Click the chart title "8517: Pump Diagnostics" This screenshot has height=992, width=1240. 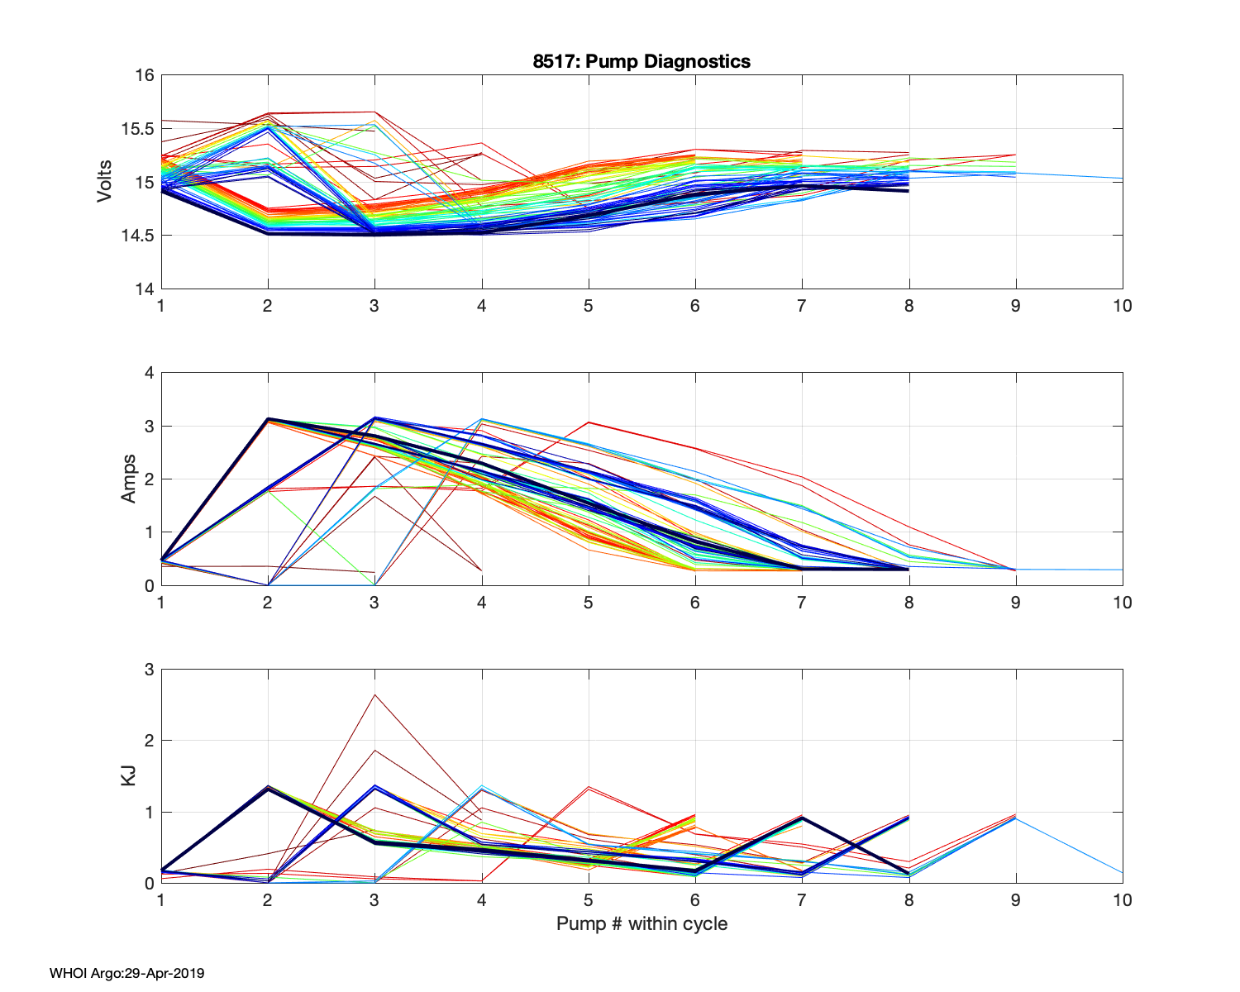[x=641, y=61]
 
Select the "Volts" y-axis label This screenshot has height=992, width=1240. [x=105, y=182]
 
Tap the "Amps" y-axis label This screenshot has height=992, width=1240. [x=129, y=479]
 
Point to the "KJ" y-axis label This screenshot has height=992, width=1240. [x=129, y=776]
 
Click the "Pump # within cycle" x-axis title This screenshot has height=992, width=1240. [x=641, y=923]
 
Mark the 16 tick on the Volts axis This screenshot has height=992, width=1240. [x=145, y=75]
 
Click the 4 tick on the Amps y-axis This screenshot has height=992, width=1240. [x=150, y=373]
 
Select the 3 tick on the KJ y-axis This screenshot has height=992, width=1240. [x=150, y=670]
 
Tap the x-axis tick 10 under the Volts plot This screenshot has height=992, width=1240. [x=1122, y=306]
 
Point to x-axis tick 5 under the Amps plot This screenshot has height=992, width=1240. [x=588, y=603]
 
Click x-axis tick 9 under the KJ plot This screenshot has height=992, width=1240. [x=1015, y=900]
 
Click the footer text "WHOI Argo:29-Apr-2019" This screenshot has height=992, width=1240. [x=126, y=973]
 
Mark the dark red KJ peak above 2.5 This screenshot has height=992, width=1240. [x=374, y=694]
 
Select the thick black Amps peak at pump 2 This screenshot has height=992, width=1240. [x=268, y=419]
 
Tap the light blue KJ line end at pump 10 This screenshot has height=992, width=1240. [x=1121, y=872]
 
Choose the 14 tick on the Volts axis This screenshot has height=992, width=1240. [x=145, y=289]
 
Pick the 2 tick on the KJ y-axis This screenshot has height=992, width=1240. [x=150, y=741]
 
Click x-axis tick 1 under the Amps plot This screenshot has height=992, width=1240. [x=161, y=603]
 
